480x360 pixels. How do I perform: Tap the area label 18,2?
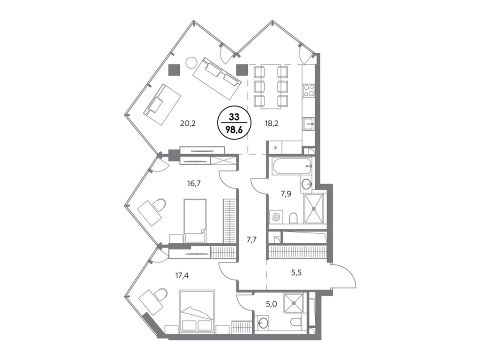(271, 123)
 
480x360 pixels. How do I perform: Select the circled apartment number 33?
(234, 117)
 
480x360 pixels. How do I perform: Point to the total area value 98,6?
(234, 130)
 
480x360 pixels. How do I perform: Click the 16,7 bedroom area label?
(194, 183)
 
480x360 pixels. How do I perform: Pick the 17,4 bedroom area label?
(182, 275)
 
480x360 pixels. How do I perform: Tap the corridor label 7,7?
(251, 239)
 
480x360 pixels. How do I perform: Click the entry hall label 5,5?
(296, 272)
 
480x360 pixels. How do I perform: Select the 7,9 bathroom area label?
(286, 194)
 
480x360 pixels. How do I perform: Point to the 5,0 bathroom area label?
(271, 304)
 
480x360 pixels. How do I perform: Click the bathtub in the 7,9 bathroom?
(291, 166)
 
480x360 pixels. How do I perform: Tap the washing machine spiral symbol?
(276, 217)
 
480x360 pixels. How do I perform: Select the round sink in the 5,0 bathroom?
(262, 322)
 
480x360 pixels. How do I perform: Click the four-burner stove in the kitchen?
(308, 90)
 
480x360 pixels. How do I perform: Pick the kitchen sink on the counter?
(308, 124)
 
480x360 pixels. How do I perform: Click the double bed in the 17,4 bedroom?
(196, 310)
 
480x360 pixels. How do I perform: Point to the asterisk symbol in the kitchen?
(275, 148)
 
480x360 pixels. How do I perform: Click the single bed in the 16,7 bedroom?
(194, 220)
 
